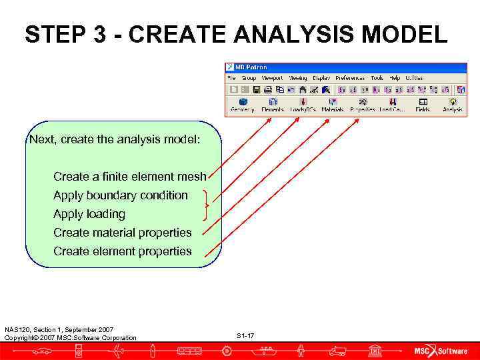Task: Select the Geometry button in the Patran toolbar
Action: (242, 105)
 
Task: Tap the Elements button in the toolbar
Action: (272, 105)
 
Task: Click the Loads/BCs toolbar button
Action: (303, 105)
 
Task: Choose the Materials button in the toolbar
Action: (332, 105)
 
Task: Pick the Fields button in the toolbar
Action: (423, 105)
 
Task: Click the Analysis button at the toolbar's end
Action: (453, 105)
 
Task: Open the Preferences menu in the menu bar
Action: (350, 78)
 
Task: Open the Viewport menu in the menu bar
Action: (272, 78)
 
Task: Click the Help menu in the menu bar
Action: (395, 78)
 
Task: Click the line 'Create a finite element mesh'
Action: (129, 177)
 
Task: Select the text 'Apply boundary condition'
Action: (121, 195)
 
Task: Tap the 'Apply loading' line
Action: (89, 214)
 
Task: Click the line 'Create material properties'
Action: (122, 233)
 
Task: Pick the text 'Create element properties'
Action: (122, 251)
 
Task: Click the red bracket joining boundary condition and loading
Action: (207, 205)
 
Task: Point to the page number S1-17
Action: (245, 335)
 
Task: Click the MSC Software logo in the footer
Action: (441, 351)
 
